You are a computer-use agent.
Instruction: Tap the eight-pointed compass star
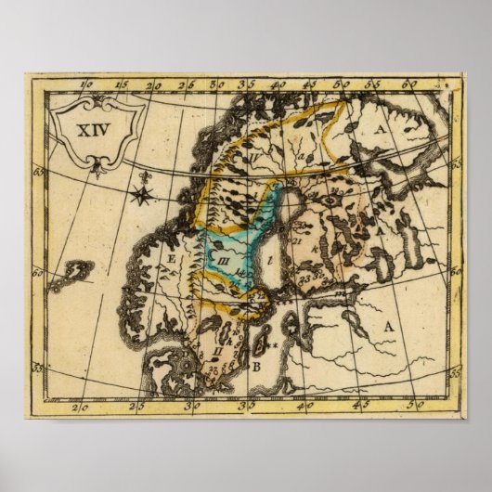142,195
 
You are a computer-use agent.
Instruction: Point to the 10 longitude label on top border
88,86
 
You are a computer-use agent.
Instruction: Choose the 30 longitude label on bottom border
196,406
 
